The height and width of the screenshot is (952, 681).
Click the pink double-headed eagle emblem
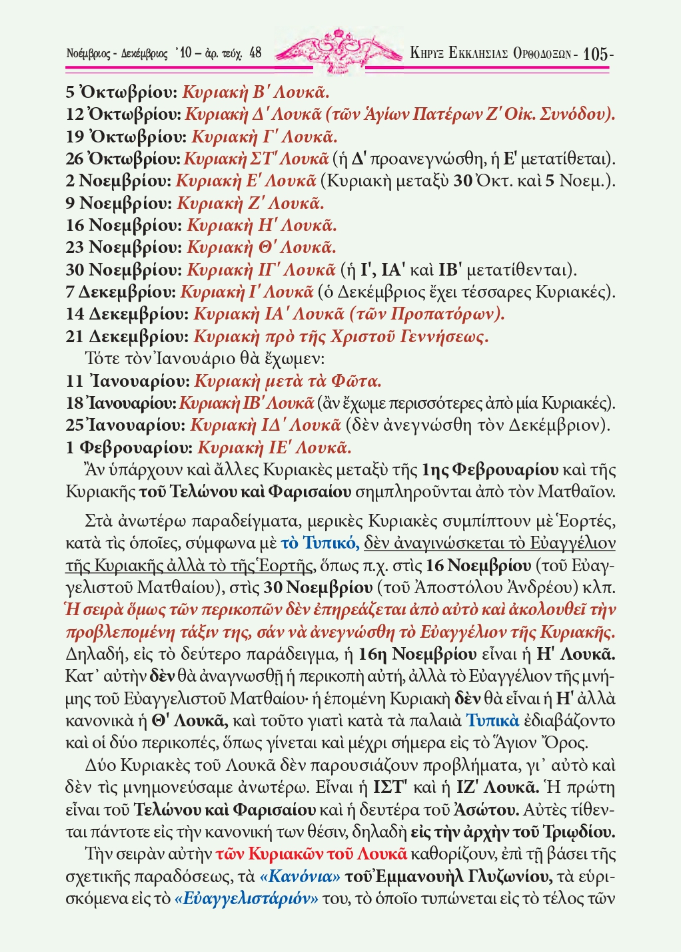click(x=340, y=47)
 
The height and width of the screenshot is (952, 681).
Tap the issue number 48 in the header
click(x=255, y=53)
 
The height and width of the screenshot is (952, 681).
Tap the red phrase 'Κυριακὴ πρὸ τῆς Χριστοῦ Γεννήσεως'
click(x=340, y=336)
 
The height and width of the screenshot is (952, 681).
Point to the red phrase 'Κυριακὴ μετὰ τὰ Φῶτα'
click(x=288, y=381)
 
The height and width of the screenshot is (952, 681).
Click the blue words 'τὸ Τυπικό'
click(x=320, y=543)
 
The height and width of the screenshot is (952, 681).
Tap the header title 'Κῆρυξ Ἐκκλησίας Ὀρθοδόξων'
click(x=492, y=54)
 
